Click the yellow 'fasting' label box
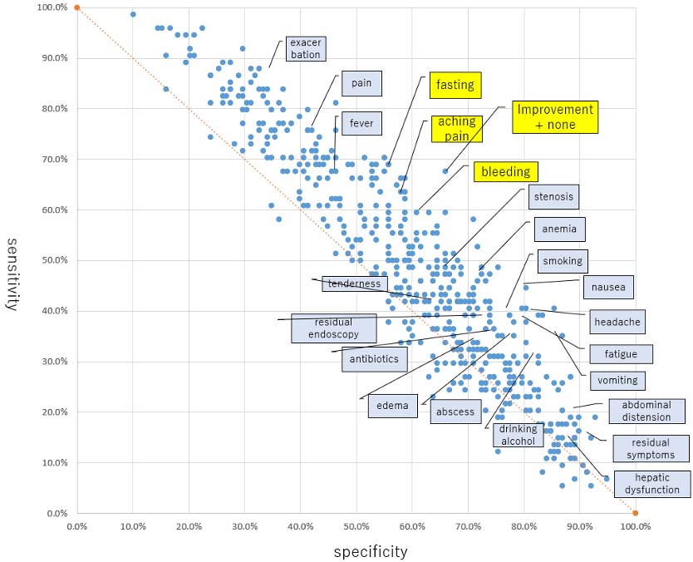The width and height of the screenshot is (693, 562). pyautogui.click(x=455, y=85)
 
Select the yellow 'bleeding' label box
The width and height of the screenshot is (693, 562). pyautogui.click(x=504, y=172)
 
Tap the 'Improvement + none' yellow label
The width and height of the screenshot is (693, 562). pyautogui.click(x=555, y=117)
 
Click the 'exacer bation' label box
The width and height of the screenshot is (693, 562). pyautogui.click(x=305, y=48)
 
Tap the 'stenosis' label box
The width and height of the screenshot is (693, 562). pyautogui.click(x=552, y=197)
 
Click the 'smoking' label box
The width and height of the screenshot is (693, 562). pyautogui.click(x=563, y=260)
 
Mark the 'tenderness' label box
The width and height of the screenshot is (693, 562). pyautogui.click(x=353, y=283)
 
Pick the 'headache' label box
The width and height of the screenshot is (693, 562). pyautogui.click(x=616, y=321)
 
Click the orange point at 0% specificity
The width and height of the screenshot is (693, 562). pyautogui.click(x=76, y=7)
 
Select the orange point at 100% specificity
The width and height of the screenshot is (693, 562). pyautogui.click(x=635, y=513)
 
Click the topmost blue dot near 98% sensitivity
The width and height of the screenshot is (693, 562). pyautogui.click(x=133, y=14)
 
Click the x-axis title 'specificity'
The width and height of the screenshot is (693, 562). pyautogui.click(x=371, y=551)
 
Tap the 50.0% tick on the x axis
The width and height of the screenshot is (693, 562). pyautogui.click(x=356, y=526)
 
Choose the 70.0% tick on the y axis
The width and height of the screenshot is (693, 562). pyautogui.click(x=55, y=159)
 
